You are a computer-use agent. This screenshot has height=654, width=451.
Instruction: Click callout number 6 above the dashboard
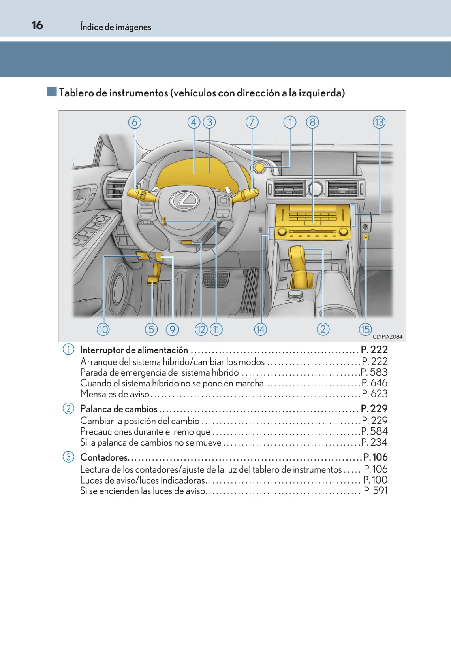coord(135,122)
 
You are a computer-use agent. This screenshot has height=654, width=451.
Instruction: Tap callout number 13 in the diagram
coord(379,122)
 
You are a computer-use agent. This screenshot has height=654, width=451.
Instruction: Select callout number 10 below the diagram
coord(103,329)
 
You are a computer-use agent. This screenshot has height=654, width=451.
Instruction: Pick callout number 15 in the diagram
coord(365,329)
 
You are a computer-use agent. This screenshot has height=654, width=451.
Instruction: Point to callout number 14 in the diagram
coord(260,329)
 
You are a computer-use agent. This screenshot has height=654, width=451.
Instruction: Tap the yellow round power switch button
coord(259,168)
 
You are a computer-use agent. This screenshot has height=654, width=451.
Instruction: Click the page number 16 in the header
coord(37,25)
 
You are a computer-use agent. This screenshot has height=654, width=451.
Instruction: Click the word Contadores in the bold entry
coord(104,457)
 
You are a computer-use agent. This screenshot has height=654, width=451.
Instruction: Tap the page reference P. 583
coord(374,372)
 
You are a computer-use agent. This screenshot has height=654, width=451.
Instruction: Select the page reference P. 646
coord(374,383)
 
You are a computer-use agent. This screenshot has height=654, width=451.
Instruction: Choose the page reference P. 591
coord(376,491)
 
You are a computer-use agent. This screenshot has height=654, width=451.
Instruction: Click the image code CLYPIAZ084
coord(387,337)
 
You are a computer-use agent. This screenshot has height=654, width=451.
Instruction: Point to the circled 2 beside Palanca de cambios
coord(68,408)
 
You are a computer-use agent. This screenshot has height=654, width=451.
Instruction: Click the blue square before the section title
coord(52,92)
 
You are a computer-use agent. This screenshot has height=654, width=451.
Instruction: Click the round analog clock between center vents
coord(315,188)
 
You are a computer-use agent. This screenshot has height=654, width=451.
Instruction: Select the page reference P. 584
coord(374,431)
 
